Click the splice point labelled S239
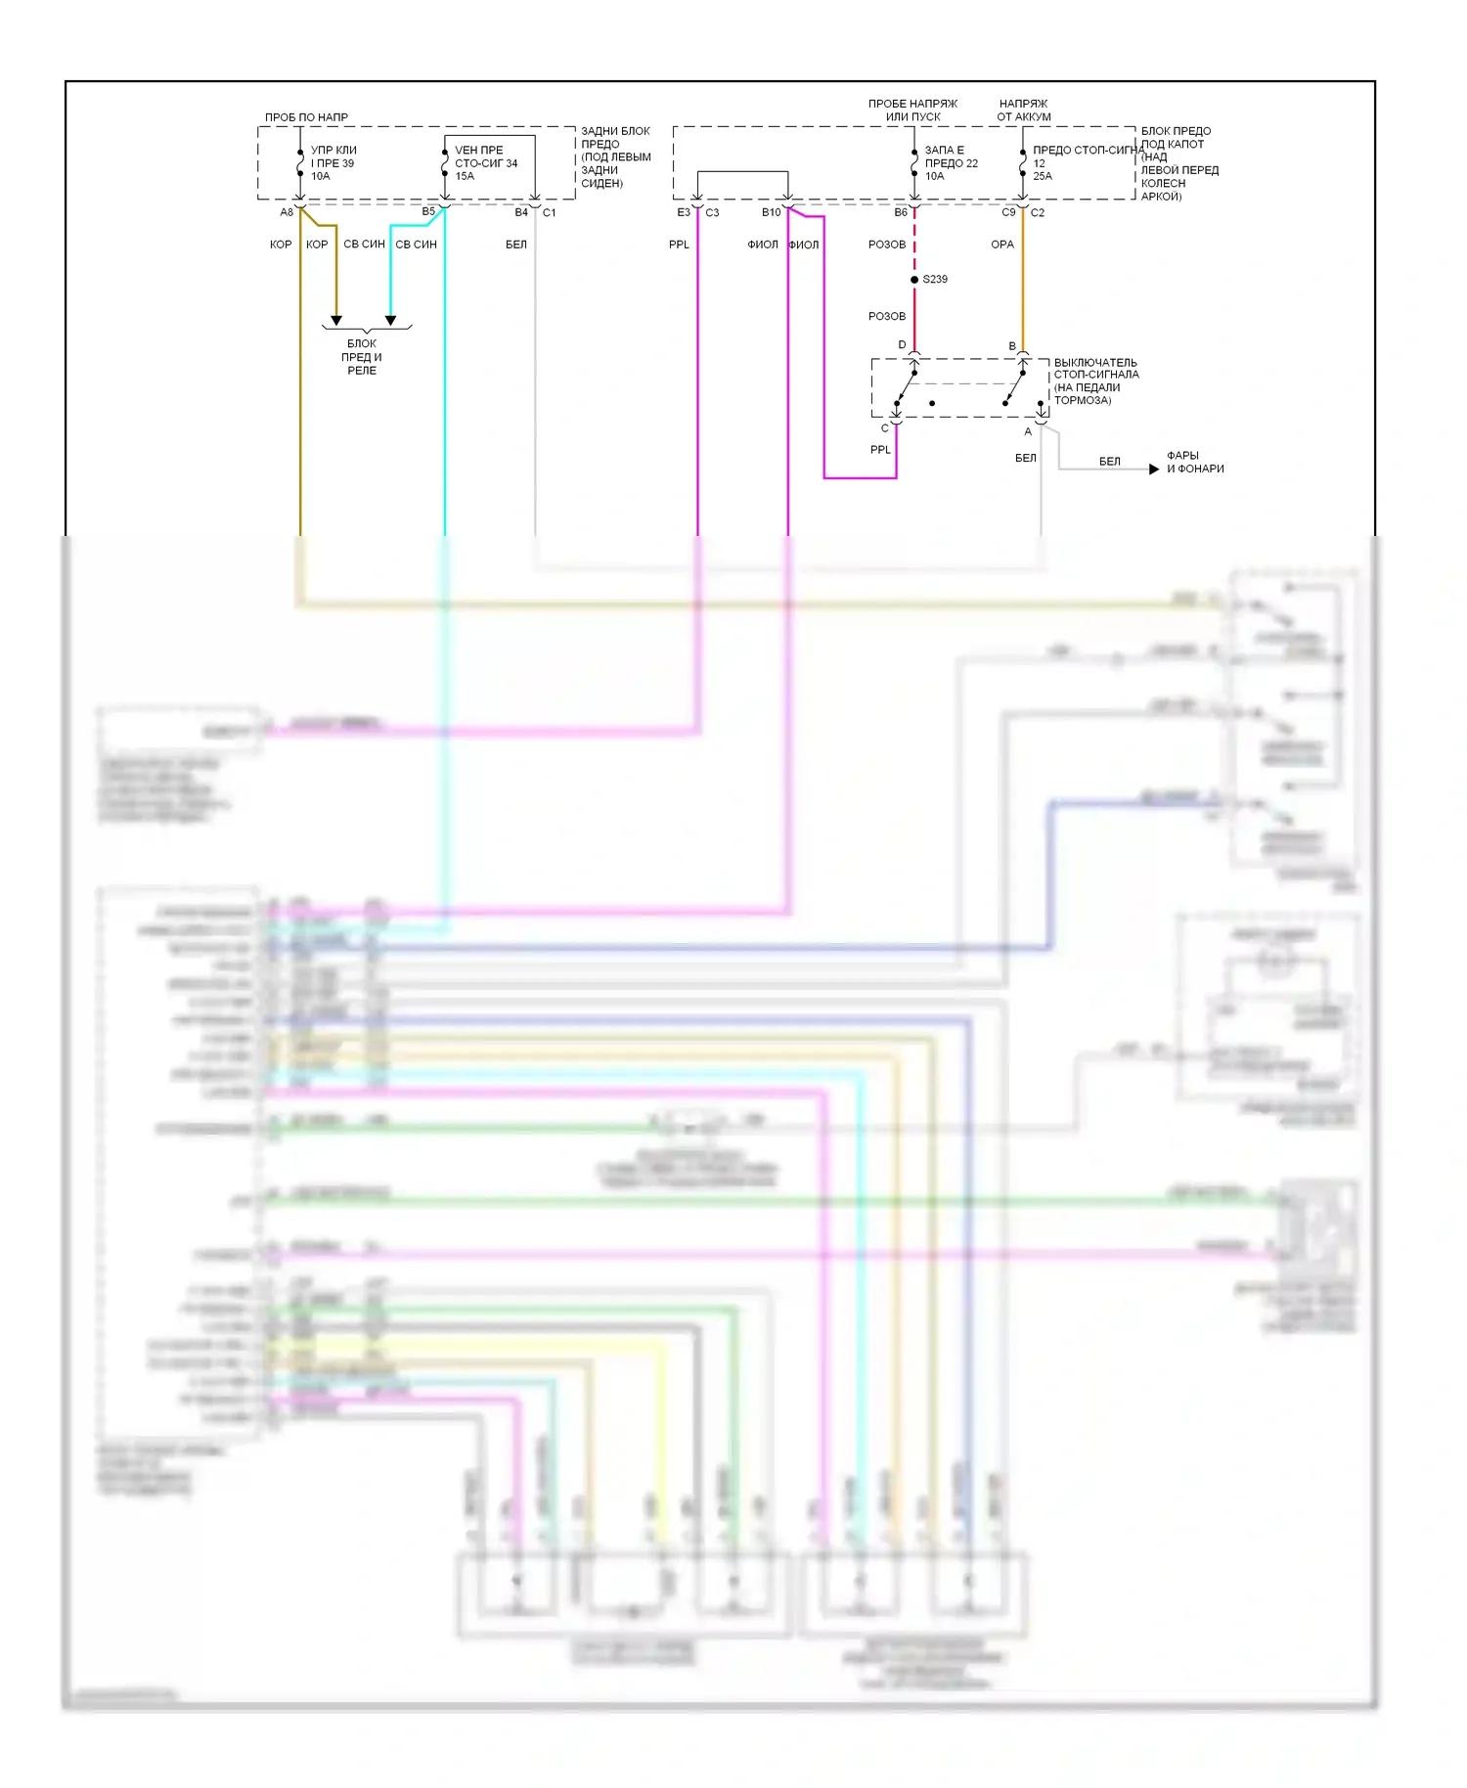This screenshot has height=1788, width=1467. point(914,280)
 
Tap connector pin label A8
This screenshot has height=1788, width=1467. point(287,212)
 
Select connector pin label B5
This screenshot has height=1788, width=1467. point(428,211)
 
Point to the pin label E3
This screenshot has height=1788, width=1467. point(684,212)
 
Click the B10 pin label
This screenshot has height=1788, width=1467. point(771,212)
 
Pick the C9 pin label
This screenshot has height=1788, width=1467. point(1008,212)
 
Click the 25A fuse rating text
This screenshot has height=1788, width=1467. point(1043,176)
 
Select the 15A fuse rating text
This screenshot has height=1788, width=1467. point(465,176)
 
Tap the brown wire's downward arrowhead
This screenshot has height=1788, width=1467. point(336,320)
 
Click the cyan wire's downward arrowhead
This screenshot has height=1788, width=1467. point(390,320)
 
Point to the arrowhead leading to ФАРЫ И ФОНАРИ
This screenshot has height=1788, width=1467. point(1154,469)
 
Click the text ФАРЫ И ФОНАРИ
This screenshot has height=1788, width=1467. point(1195,462)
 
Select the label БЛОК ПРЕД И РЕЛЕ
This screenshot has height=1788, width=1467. point(362,357)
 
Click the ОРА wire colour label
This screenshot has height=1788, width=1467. point(1002,245)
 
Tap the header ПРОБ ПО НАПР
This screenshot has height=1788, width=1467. point(306,117)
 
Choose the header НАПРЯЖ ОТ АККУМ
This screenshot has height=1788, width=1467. point(1024,110)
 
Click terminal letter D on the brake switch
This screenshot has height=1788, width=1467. point(902,344)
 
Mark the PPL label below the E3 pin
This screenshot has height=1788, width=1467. point(679,245)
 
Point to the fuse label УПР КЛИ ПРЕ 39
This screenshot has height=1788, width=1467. point(333,156)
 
